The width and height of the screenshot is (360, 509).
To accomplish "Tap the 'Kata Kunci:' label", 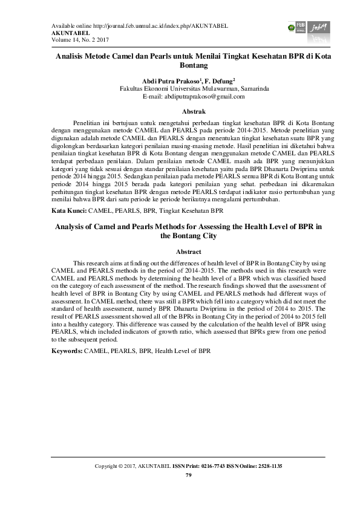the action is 69,212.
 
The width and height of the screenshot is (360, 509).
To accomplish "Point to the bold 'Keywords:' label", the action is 67,351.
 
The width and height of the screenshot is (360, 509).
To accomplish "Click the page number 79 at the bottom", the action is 188,475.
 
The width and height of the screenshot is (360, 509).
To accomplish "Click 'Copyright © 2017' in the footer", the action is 116,467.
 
